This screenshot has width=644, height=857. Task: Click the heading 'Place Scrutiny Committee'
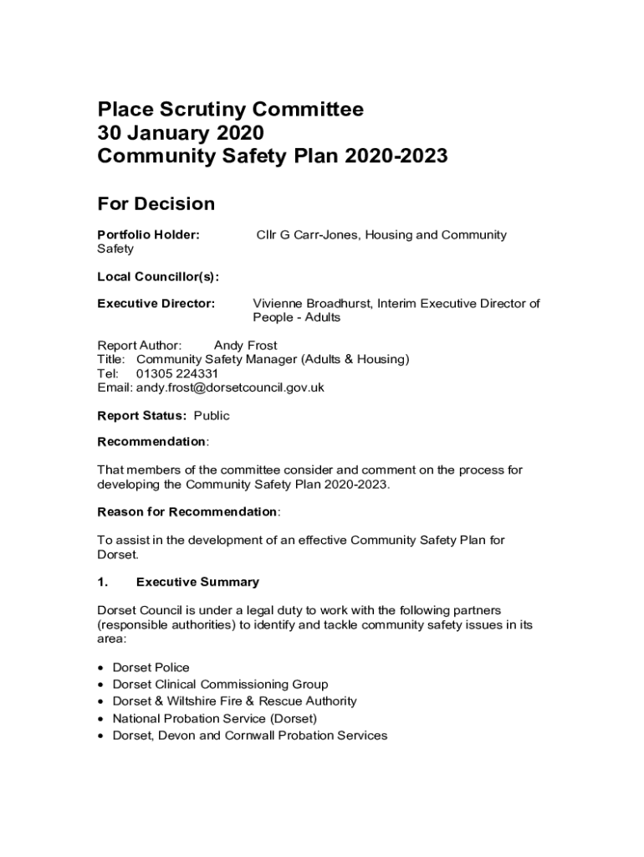click(231, 110)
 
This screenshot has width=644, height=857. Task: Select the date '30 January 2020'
click(181, 133)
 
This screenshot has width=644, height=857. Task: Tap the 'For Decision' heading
click(156, 203)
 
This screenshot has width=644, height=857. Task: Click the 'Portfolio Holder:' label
click(149, 235)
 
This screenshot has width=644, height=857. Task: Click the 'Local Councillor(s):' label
click(158, 277)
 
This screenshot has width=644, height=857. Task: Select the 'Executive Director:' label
click(156, 303)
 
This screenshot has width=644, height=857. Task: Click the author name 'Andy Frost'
click(245, 345)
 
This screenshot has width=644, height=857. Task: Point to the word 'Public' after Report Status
click(212, 416)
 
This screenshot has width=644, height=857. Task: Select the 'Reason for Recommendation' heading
click(187, 511)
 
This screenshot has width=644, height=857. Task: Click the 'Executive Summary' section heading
click(197, 582)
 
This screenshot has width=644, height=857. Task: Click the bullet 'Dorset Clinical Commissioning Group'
click(220, 685)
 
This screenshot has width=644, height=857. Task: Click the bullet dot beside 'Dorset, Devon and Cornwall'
click(101, 736)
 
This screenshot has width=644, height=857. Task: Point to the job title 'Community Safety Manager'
click(212, 359)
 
